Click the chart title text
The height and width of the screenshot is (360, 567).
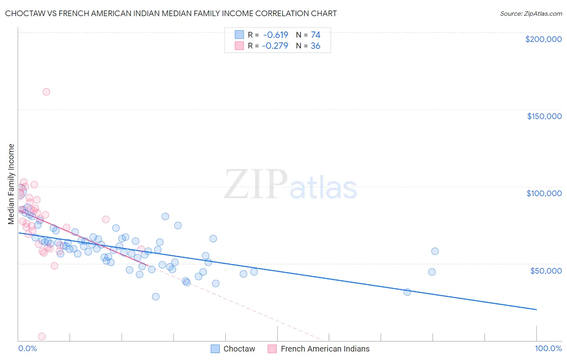click(171, 13)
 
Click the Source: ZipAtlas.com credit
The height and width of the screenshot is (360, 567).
click(531, 13)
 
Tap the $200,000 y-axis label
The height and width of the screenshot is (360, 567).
click(543, 39)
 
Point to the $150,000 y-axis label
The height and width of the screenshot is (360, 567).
click(544, 116)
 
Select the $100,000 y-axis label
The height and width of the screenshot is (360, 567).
click(544, 193)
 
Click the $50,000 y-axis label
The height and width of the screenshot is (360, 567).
click(546, 270)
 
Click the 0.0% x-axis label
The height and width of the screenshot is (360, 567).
click(27, 348)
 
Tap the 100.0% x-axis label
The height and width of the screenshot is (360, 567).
click(548, 348)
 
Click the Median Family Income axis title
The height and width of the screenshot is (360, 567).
click(11, 184)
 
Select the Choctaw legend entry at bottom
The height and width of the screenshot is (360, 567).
click(239, 349)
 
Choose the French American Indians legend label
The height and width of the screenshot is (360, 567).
click(325, 349)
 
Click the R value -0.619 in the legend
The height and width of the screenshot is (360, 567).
click(275, 35)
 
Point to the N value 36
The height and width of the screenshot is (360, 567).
click(315, 46)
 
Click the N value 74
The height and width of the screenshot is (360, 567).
click(315, 35)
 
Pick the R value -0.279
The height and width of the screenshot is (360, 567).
click(275, 46)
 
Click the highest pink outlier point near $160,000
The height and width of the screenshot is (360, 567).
click(46, 92)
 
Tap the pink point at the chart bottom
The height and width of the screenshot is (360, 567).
click(42, 337)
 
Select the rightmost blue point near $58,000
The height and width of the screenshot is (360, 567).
click(435, 251)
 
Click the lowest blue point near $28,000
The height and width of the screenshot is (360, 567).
click(156, 297)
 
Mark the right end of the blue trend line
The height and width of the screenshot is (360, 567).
click(536, 310)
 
